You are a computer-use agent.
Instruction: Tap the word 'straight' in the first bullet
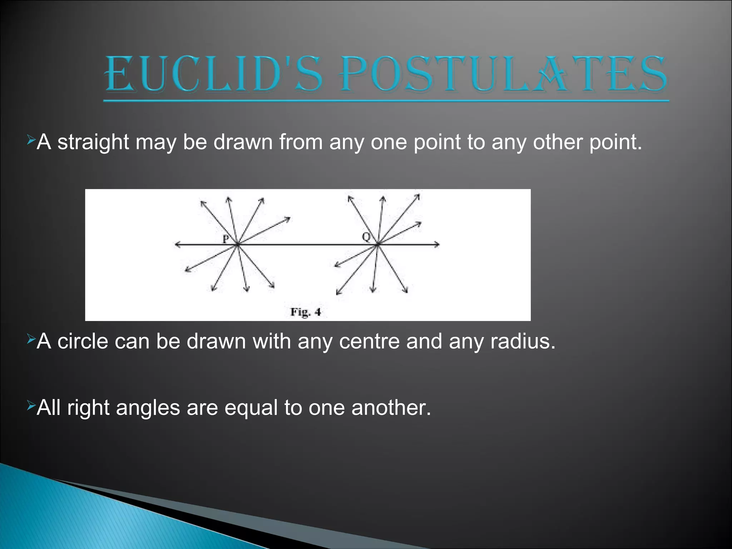[93, 142]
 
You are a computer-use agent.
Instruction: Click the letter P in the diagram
[226, 239]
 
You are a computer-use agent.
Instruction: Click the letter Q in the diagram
[366, 237]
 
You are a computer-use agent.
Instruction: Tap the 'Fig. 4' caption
[306, 312]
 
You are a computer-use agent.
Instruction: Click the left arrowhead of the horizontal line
[177, 244]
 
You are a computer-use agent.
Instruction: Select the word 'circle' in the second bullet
[83, 341]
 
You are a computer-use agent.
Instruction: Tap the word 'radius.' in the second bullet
[523, 341]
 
